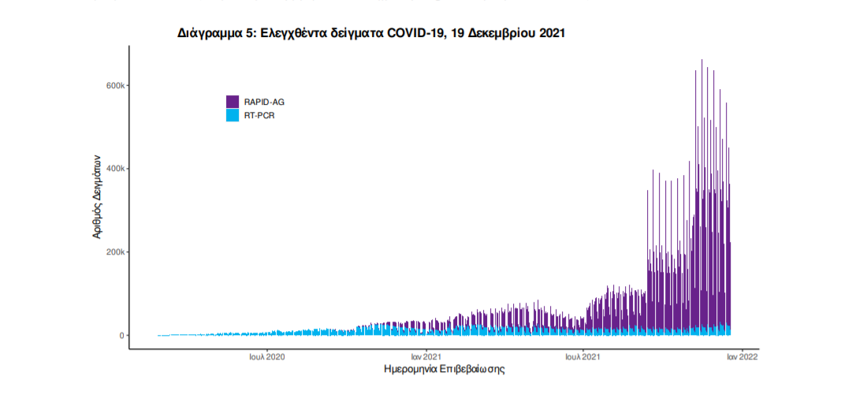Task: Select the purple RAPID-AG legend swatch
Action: click(233, 102)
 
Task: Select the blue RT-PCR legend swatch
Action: click(233, 115)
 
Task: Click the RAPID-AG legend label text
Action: click(264, 102)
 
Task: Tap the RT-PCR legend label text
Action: click(259, 115)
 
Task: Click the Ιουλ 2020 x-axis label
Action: click(268, 357)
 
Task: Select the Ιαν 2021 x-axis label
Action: click(426, 357)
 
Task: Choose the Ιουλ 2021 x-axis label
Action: click(583, 357)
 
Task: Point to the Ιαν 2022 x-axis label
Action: click(742, 357)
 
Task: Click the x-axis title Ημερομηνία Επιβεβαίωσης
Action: click(444, 369)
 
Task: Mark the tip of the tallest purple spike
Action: click(702, 60)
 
